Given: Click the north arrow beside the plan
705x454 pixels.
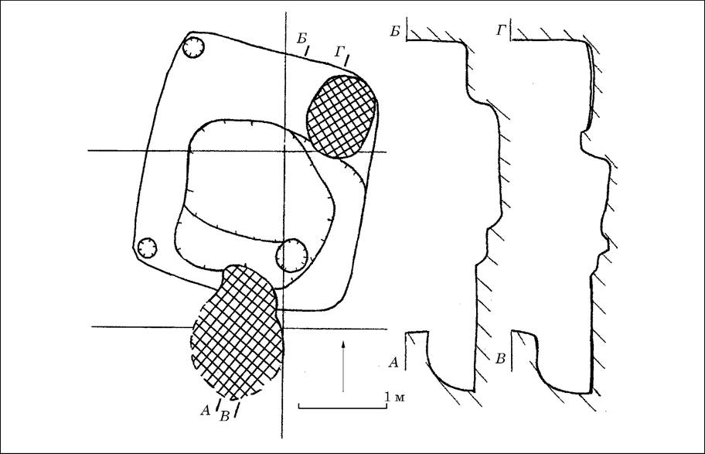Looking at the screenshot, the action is (x=343, y=366).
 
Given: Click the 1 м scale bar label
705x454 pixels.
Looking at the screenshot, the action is (x=394, y=397).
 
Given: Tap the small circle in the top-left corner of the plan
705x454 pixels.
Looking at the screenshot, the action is (x=194, y=47).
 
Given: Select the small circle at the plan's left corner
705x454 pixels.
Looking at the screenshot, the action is (x=147, y=248).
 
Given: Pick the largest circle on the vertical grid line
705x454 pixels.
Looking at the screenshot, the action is (x=291, y=255).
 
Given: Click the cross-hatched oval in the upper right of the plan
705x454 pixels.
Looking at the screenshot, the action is (x=340, y=117).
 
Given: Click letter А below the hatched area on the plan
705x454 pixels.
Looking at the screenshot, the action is (x=205, y=410).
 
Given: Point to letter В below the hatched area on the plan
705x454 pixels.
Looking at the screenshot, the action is (x=224, y=417).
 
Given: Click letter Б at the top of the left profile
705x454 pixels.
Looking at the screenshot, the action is (x=395, y=32).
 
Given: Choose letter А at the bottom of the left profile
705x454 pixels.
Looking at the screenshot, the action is (x=393, y=362).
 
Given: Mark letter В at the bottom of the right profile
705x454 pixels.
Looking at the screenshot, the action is (x=500, y=359).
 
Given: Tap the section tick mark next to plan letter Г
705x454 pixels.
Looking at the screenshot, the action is (x=347, y=60).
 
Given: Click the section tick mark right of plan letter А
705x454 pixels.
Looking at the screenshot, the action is (x=219, y=403).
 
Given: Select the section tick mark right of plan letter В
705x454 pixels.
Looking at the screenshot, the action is (x=236, y=410).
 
